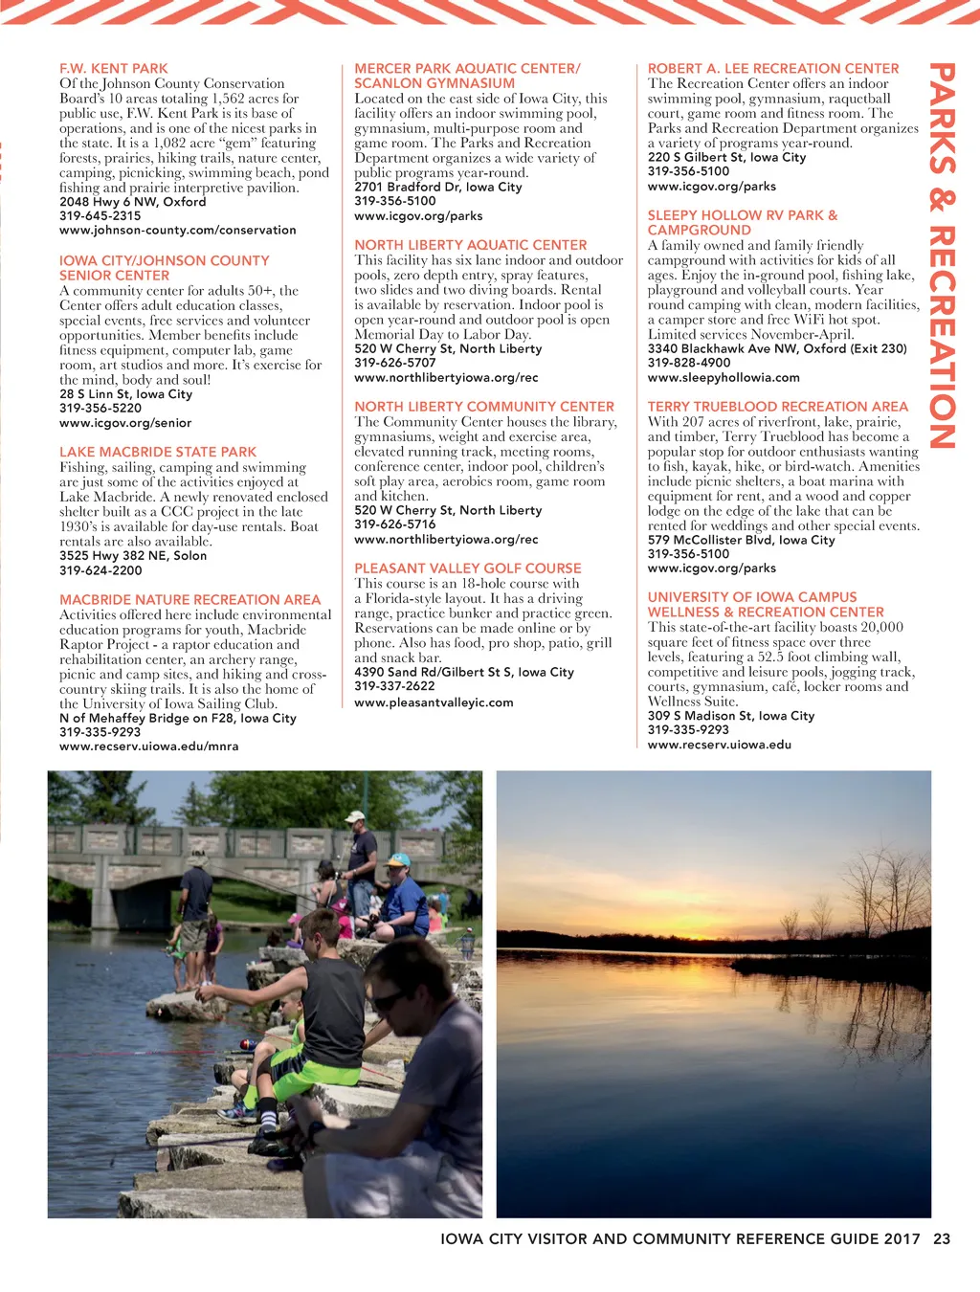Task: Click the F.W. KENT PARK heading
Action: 113,69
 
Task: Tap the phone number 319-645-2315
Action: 100,216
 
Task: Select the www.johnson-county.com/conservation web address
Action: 177,231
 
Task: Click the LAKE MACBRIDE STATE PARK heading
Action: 158,452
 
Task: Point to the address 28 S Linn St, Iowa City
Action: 125,394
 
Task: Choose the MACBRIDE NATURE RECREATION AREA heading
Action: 189,600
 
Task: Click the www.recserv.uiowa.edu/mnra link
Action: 148,746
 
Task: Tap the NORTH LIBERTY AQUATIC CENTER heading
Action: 470,245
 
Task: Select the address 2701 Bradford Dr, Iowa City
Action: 437,188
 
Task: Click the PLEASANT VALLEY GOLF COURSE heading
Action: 467,568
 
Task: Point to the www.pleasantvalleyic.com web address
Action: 434,702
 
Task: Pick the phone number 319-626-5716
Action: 394,524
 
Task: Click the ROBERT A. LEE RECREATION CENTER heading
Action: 772,69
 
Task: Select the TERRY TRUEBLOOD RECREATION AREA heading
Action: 777,407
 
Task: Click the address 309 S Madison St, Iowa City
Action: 730,716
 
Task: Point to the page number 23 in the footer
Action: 942,1238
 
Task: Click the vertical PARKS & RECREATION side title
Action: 943,256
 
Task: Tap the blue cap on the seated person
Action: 399,859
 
